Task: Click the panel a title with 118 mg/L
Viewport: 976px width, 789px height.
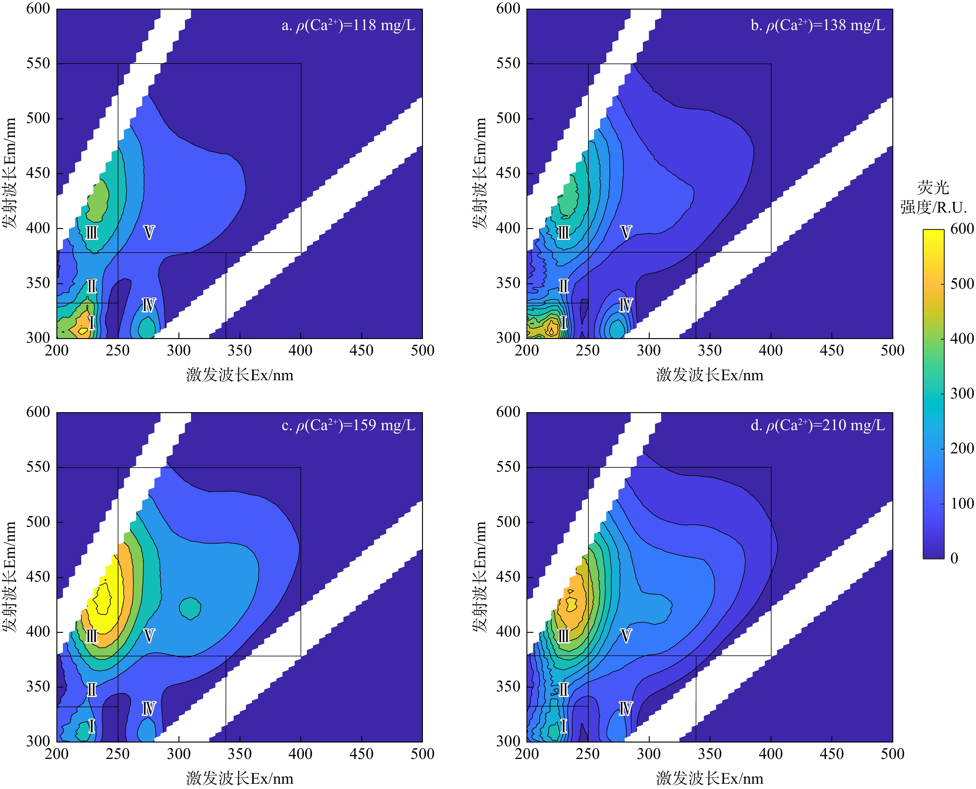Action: (349, 25)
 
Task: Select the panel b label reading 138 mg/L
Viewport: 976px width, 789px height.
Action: (818, 25)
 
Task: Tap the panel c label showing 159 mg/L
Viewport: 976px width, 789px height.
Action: (349, 425)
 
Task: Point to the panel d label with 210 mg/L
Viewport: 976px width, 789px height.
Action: (818, 425)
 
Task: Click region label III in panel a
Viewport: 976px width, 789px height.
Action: (92, 233)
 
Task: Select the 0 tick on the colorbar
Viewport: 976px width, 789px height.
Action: (954, 558)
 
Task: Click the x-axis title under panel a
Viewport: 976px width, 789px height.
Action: (240, 375)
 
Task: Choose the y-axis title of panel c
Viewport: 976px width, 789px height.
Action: (10, 576)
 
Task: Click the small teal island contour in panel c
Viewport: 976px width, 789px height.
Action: (190, 608)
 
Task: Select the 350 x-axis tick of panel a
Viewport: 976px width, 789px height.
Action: (240, 350)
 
